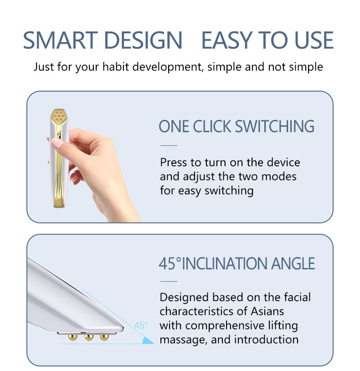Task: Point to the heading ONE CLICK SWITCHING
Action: (x=237, y=126)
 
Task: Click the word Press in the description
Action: (x=174, y=162)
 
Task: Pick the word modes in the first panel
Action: (x=280, y=176)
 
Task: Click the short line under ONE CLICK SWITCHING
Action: (x=169, y=146)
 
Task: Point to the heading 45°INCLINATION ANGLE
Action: (x=237, y=263)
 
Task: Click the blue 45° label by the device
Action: (x=141, y=325)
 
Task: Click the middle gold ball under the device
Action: (x=88, y=338)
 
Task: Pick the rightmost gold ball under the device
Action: (x=104, y=338)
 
